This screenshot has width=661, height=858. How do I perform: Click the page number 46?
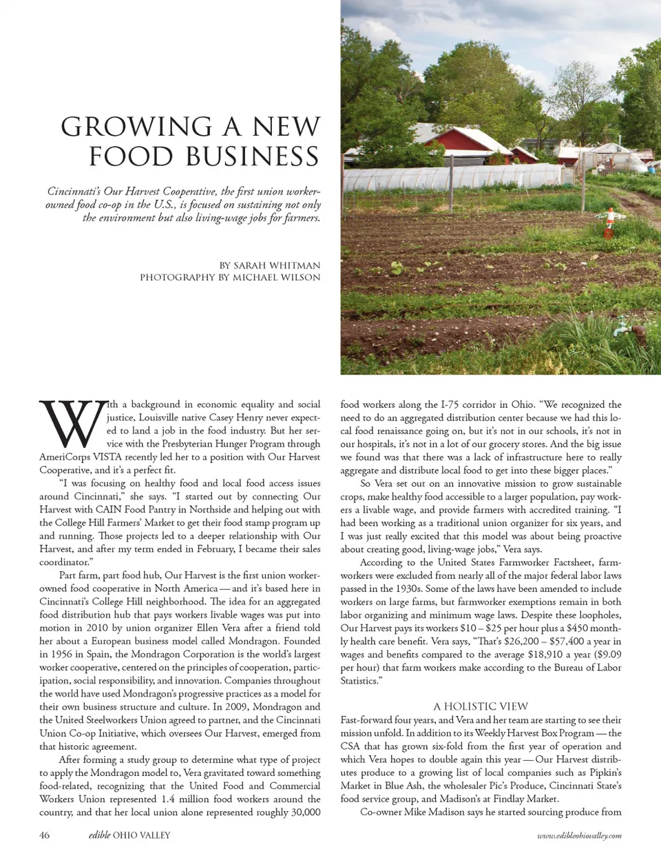tap(44, 835)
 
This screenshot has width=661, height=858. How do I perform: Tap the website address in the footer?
tap(579, 835)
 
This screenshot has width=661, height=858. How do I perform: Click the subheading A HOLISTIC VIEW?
tap(481, 706)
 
